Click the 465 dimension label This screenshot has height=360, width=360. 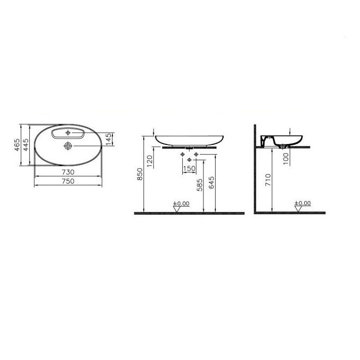[x=17, y=145]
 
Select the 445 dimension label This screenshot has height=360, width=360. [x=26, y=145]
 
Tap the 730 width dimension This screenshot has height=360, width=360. [x=68, y=172]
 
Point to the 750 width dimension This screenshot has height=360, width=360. [x=68, y=181]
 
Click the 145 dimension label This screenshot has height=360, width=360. [x=109, y=139]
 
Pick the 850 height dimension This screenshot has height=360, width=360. [x=140, y=174]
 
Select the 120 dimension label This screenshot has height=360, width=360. [x=150, y=162]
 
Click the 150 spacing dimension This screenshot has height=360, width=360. [x=189, y=168]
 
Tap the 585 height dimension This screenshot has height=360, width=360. [x=200, y=185]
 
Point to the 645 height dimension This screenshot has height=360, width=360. [x=211, y=183]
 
